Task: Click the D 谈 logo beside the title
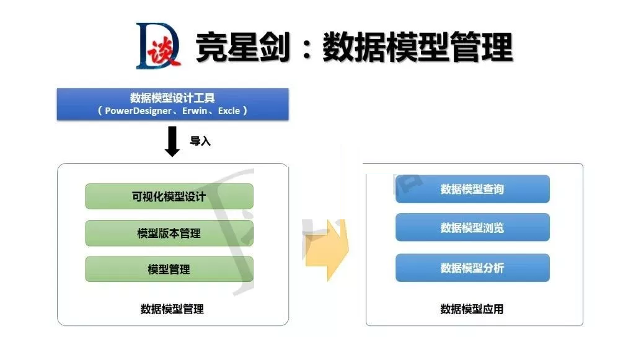[158, 46]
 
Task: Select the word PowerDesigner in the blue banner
[138, 111]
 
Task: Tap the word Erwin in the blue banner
[195, 111]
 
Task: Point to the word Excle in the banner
[229, 111]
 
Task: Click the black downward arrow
[172, 141]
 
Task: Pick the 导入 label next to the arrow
[200, 141]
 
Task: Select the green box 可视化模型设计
[169, 196]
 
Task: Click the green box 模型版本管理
[169, 233]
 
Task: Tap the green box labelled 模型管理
[169, 269]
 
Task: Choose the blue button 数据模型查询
[472, 189]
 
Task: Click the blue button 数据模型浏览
[472, 227]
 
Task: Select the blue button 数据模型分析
[472, 268]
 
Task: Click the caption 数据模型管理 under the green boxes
[172, 309]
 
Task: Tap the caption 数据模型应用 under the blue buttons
[472, 309]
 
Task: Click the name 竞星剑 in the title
[242, 47]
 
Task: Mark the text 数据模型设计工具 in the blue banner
[172, 98]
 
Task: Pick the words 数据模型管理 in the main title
[418, 47]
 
